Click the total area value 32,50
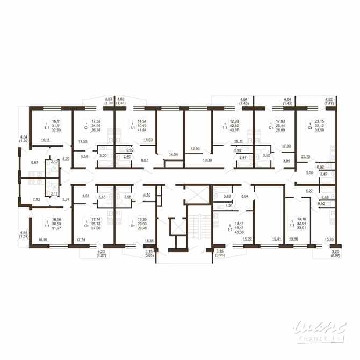tap(56, 129)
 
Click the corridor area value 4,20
tap(66, 159)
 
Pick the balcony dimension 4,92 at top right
tap(329, 99)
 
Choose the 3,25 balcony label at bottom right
tap(335, 251)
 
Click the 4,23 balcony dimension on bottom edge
tap(102, 251)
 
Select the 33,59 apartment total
tap(321, 129)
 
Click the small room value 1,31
tap(228, 206)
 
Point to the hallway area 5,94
tap(245, 197)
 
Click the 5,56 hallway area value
tap(309, 172)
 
